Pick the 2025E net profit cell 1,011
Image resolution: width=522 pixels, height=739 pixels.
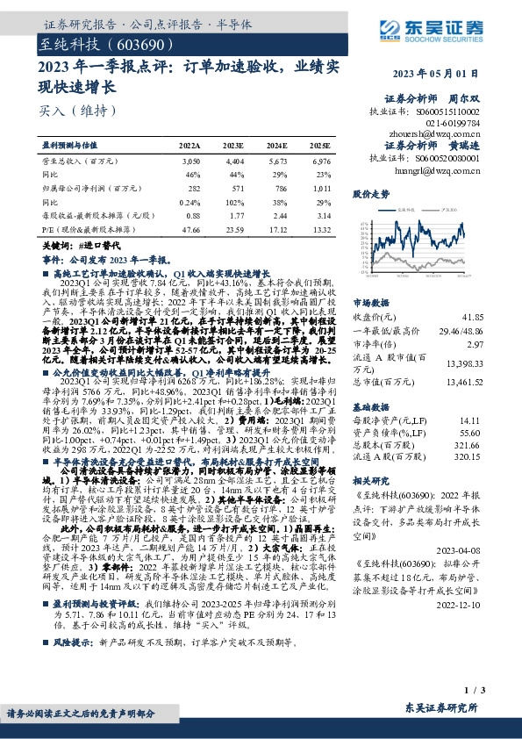click(322, 188)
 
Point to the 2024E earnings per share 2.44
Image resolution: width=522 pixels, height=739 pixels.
click(276, 216)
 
